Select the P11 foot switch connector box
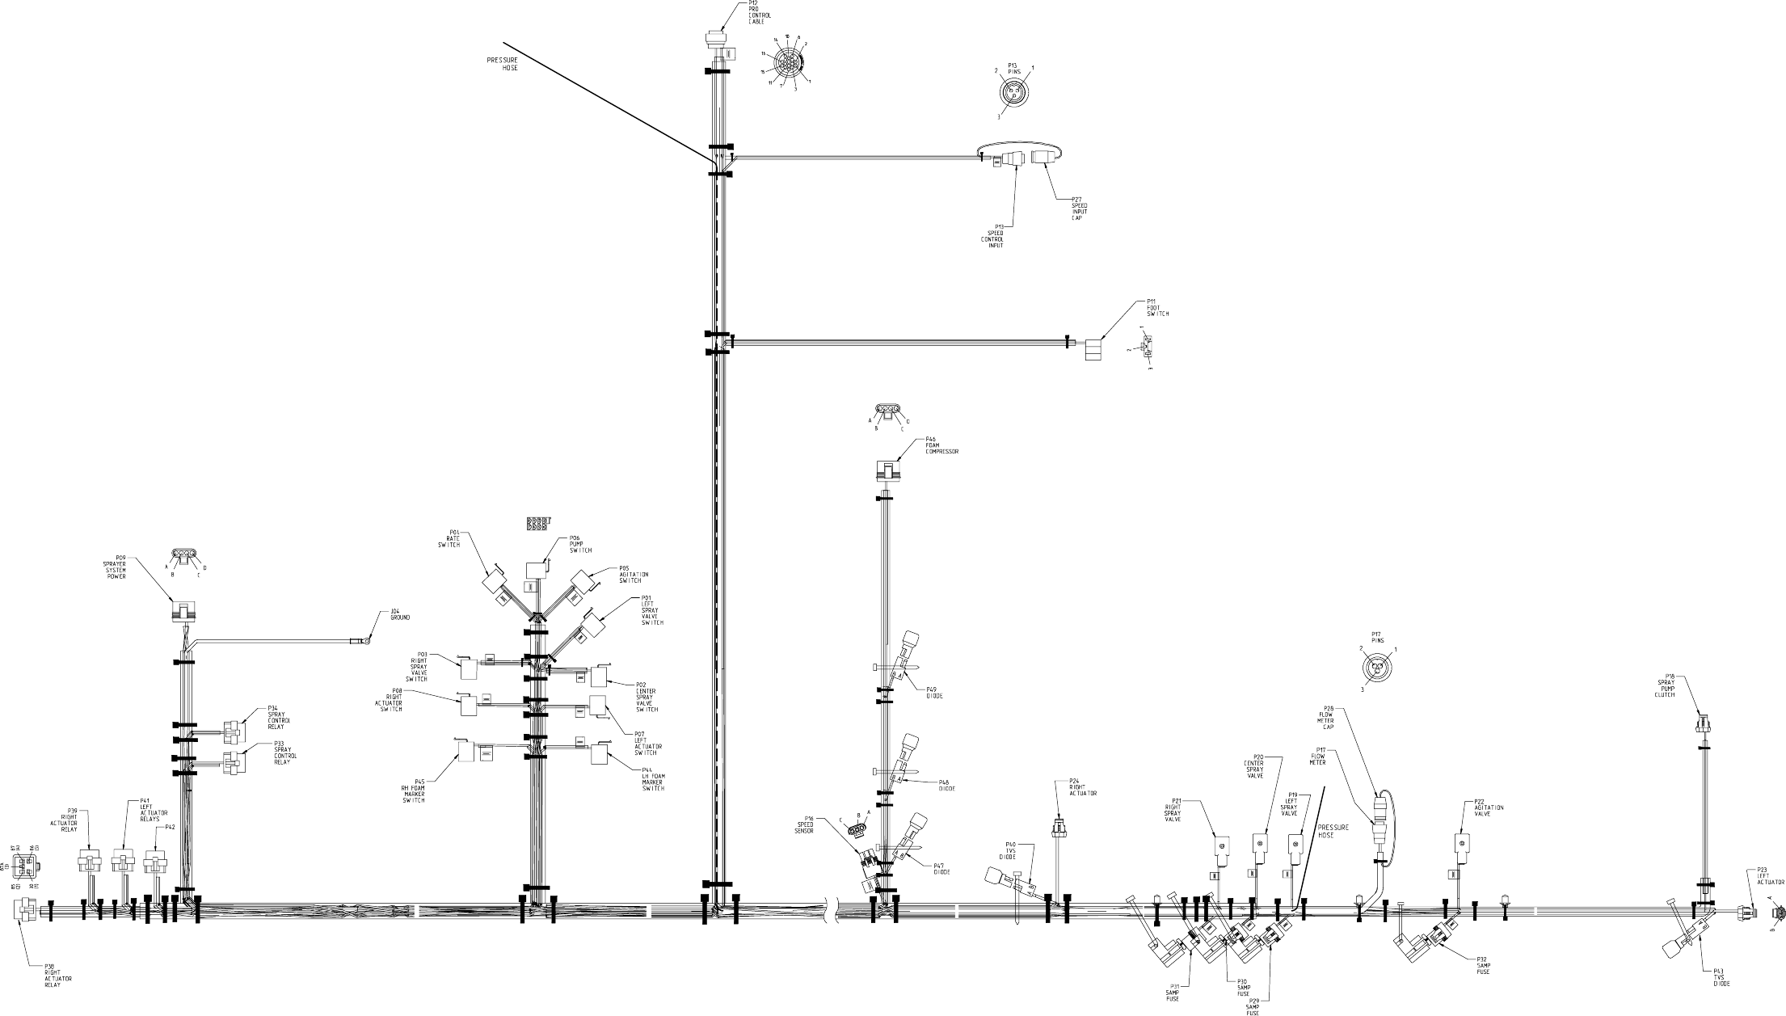coord(1093,348)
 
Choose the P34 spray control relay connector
coord(233,732)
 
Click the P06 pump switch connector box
coord(537,569)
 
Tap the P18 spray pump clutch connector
coord(1702,724)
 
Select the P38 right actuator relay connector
coord(25,910)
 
